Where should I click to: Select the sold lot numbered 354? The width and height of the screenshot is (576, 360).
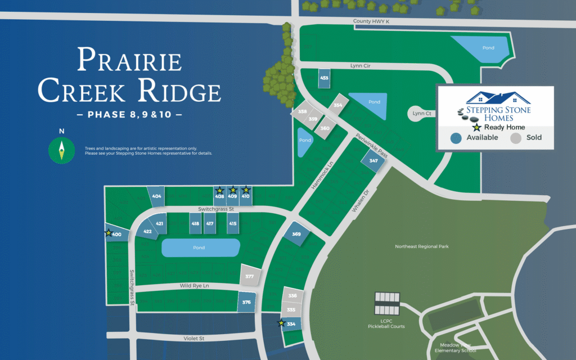tap(338, 105)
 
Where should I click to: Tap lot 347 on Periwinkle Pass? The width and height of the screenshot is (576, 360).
tap(374, 161)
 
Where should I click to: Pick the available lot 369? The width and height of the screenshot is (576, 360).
tap(297, 233)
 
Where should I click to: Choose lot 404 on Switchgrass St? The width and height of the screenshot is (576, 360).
tap(157, 197)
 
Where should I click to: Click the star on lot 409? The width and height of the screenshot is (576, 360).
tap(233, 190)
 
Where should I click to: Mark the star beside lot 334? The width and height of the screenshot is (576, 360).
tap(281, 323)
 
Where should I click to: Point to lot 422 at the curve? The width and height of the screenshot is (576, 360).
tap(147, 232)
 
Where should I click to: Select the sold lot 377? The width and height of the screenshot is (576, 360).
tap(250, 276)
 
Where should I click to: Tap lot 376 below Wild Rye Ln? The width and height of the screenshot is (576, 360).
tap(246, 303)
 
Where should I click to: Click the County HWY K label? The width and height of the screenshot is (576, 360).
tap(371, 21)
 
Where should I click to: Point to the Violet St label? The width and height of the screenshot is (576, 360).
tap(193, 339)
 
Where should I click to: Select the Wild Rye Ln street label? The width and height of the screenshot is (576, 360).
tap(194, 286)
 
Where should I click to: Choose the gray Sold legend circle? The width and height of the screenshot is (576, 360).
tap(516, 138)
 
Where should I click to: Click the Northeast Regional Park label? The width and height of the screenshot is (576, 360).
tap(421, 246)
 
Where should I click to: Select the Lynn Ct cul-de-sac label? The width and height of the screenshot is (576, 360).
tap(421, 113)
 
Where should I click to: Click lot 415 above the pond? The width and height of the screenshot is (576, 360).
tap(233, 224)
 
